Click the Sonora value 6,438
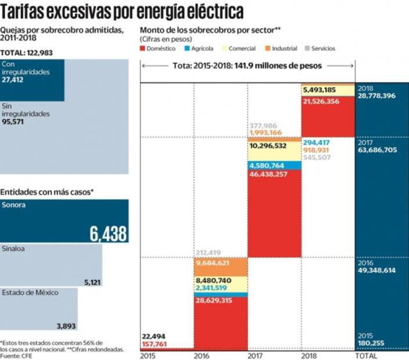click(x=108, y=233)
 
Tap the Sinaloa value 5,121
click(x=93, y=282)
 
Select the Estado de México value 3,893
click(x=66, y=326)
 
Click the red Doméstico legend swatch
click(x=143, y=49)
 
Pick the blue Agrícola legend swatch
click(x=188, y=49)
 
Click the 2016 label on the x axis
click(x=202, y=355)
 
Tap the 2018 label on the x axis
click(x=309, y=355)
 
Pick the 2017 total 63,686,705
click(x=378, y=150)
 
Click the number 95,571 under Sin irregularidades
click(x=15, y=123)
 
